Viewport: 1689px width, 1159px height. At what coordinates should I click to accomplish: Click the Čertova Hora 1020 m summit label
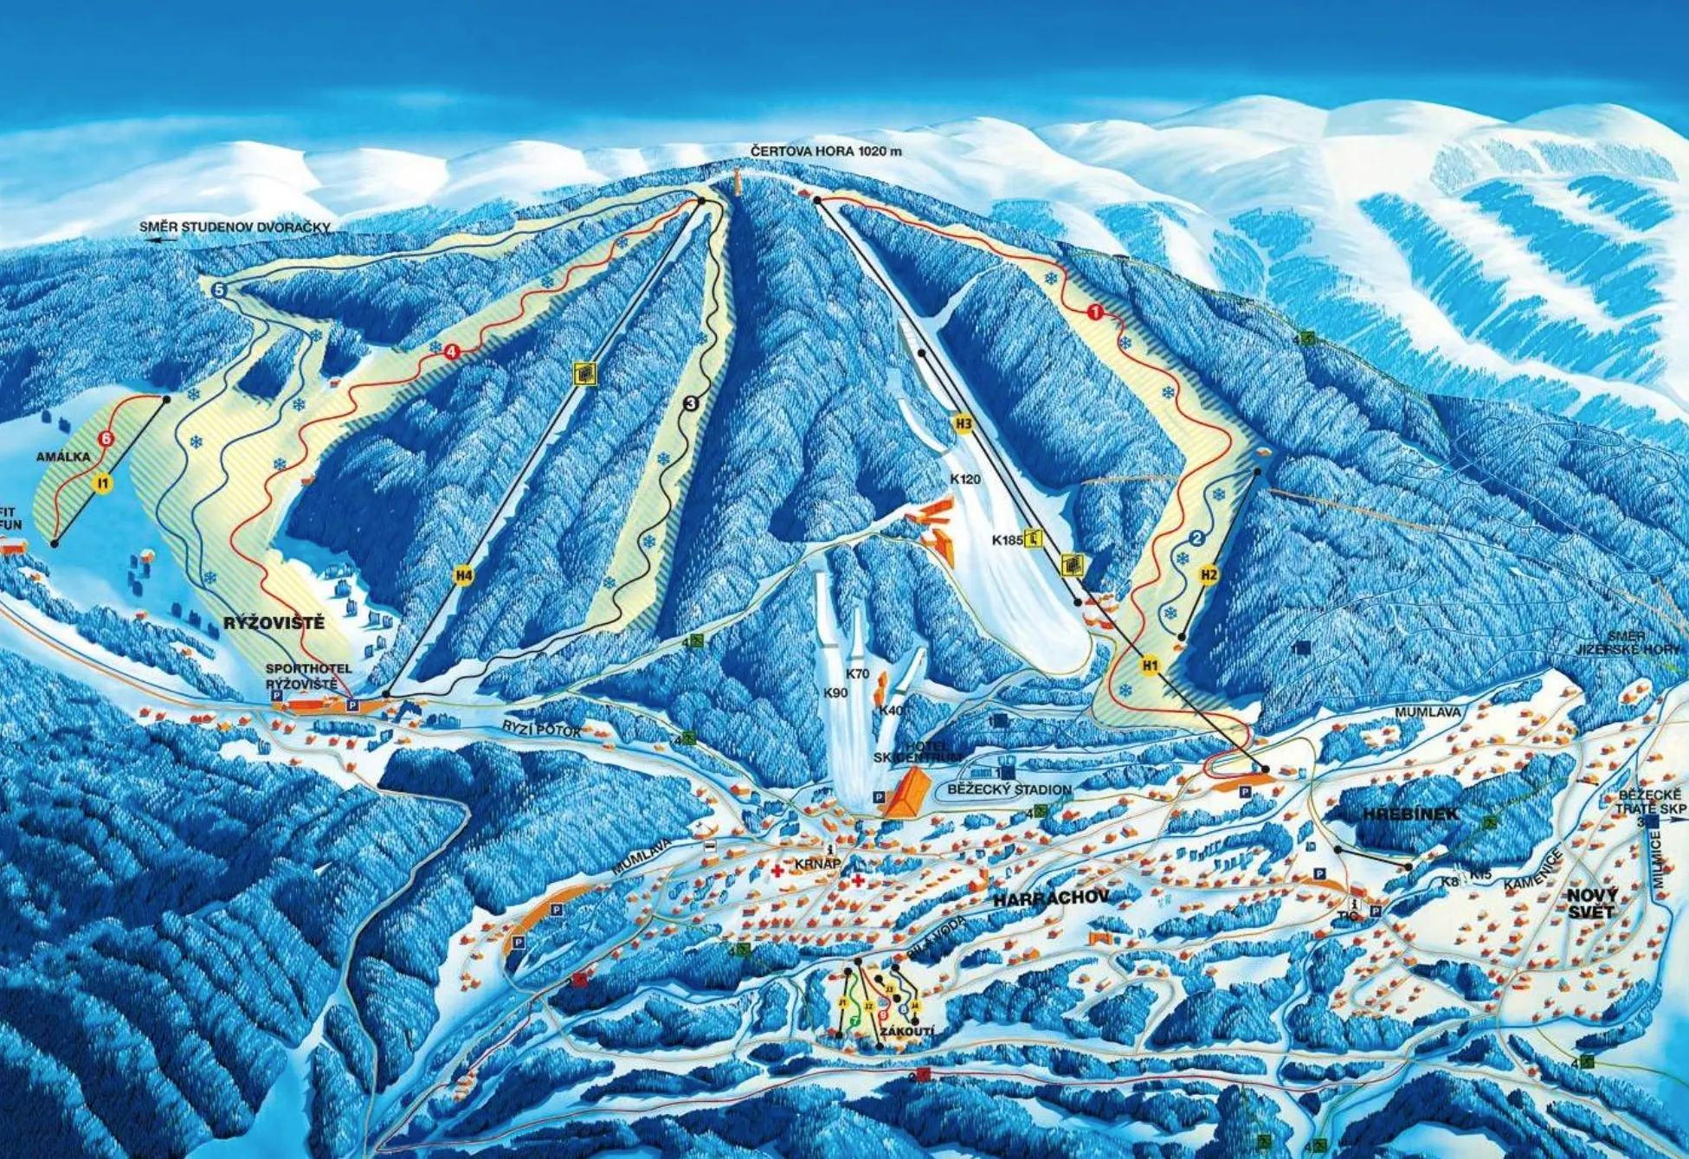pos(826,151)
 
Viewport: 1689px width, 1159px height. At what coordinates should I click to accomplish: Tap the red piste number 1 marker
pos(1095,312)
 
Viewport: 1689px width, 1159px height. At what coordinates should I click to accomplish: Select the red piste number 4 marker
pos(450,351)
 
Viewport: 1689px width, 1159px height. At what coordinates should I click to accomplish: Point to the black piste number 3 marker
pos(691,402)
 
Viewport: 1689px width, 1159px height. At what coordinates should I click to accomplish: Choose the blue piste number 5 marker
pos(218,291)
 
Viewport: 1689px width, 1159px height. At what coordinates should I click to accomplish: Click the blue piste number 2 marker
pos(1197,538)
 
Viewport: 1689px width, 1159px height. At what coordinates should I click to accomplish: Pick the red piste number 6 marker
pos(106,439)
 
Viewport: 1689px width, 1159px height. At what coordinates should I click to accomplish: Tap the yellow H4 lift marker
pos(465,575)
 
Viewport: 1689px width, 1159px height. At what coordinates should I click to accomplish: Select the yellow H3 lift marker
pos(964,424)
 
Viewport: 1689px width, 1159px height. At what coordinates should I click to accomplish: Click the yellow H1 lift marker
pos(1150,665)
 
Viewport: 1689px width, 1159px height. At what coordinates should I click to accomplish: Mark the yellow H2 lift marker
pos(1209,574)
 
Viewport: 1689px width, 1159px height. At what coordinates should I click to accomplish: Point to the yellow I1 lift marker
pos(102,483)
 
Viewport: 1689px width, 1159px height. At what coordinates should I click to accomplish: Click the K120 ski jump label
pos(965,479)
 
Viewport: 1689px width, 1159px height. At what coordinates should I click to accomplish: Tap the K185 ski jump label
pos(1007,540)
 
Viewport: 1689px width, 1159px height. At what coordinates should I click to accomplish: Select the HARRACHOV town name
pos(1051,898)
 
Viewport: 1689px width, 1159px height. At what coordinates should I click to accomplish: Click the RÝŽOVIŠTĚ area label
pos(274,623)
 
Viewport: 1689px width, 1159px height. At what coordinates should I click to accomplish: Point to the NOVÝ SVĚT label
pos(1591,903)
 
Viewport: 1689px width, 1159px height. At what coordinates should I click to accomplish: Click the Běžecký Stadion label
pos(1009,789)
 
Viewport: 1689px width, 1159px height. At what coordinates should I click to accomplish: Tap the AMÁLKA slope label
pos(63,457)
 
